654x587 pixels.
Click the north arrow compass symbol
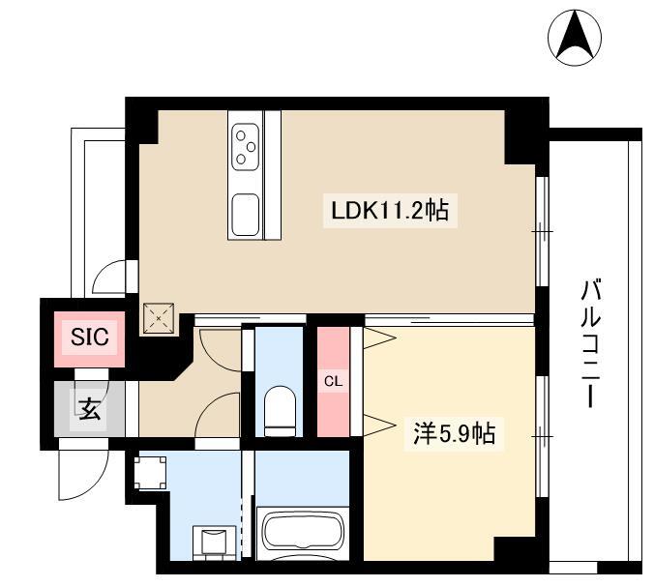575,38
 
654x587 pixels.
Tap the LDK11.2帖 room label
390,211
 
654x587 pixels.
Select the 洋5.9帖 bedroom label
454,433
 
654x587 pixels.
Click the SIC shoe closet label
89,337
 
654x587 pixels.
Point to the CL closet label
333,381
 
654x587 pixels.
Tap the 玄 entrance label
90,408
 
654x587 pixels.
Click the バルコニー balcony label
591,344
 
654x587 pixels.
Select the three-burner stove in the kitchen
246,147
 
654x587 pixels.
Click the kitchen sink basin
246,215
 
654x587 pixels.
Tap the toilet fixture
280,411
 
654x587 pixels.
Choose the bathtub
303,533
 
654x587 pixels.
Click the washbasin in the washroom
215,542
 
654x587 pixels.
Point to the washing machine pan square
150,473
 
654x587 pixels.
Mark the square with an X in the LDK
159,318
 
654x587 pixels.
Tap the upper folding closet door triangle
378,338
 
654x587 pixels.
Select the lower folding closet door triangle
378,426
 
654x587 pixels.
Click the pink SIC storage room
89,339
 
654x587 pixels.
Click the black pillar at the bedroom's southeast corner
515,549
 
